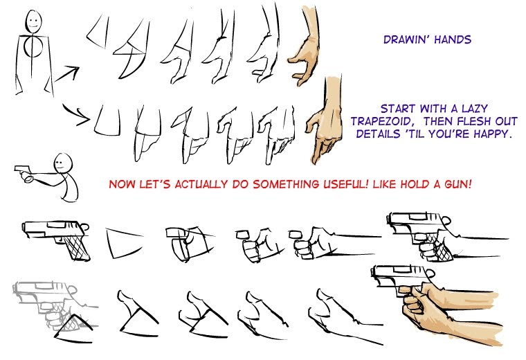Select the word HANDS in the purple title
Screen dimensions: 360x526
[x=453, y=40]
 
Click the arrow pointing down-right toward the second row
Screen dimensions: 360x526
[x=77, y=114]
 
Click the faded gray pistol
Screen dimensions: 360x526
[x=45, y=298]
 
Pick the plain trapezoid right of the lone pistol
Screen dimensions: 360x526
[x=123, y=242]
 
